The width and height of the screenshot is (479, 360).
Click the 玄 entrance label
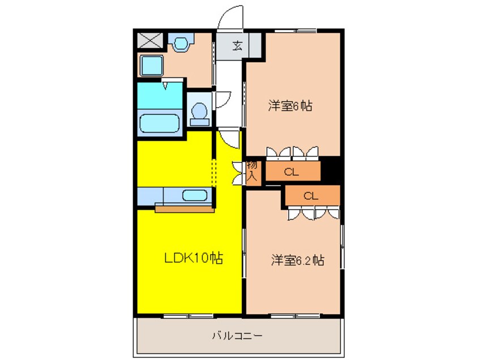pyautogui.click(x=238, y=46)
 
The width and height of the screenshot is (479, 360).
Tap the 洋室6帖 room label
pyautogui.click(x=291, y=106)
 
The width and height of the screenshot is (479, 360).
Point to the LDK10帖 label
pyautogui.click(x=193, y=259)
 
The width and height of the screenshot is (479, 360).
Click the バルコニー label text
pyautogui.click(x=237, y=336)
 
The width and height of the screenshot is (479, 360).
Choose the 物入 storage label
pyautogui.click(x=253, y=172)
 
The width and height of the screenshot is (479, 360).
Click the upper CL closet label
pyautogui.click(x=292, y=173)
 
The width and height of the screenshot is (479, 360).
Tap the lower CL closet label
pyautogui.click(x=311, y=196)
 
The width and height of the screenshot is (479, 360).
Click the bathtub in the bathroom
pyautogui.click(x=160, y=123)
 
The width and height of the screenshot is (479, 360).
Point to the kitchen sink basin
pyautogui.click(x=194, y=196)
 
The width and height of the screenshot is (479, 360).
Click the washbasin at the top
pyautogui.click(x=181, y=43)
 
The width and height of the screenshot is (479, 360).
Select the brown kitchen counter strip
pyautogui.click(x=185, y=209)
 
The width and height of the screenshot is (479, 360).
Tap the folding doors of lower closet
pyautogui.click(x=313, y=213)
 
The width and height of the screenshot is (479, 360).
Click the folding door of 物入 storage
pyautogui.click(x=238, y=172)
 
